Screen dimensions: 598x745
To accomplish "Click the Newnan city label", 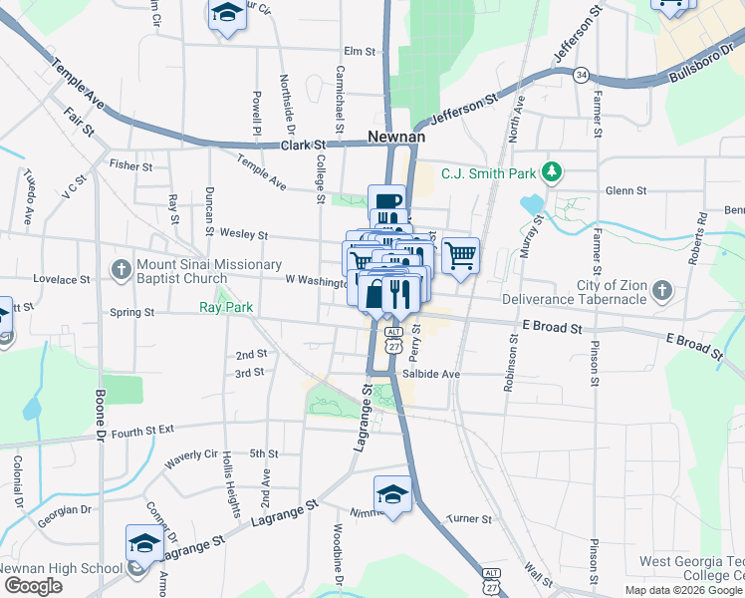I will [x=396, y=137].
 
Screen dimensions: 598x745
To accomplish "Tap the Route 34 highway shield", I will [x=582, y=75].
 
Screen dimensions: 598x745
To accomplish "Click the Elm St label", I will [x=359, y=51].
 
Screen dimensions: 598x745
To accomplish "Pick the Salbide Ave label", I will [x=431, y=374].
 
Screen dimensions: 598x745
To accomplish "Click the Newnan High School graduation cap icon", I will [x=144, y=544].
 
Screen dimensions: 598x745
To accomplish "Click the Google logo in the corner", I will [x=33, y=586].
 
